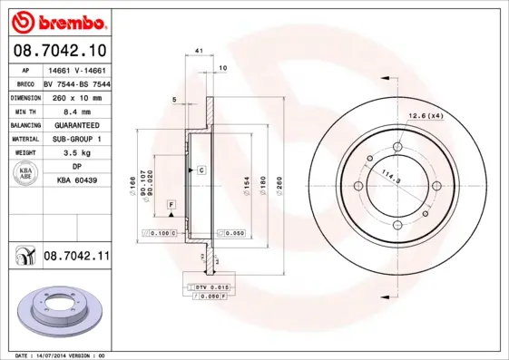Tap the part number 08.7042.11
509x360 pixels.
coord(76,258)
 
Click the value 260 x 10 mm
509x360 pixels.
coord(76,96)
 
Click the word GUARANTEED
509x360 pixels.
coord(76,124)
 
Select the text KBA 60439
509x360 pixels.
coord(76,181)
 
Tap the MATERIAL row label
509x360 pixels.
coord(24,139)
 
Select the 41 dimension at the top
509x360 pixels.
coord(198,54)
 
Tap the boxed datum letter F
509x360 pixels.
coord(170,208)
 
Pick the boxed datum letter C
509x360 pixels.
coord(201,170)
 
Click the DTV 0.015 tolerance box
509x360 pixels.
coord(211,287)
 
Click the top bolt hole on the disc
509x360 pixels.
coord(399,151)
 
